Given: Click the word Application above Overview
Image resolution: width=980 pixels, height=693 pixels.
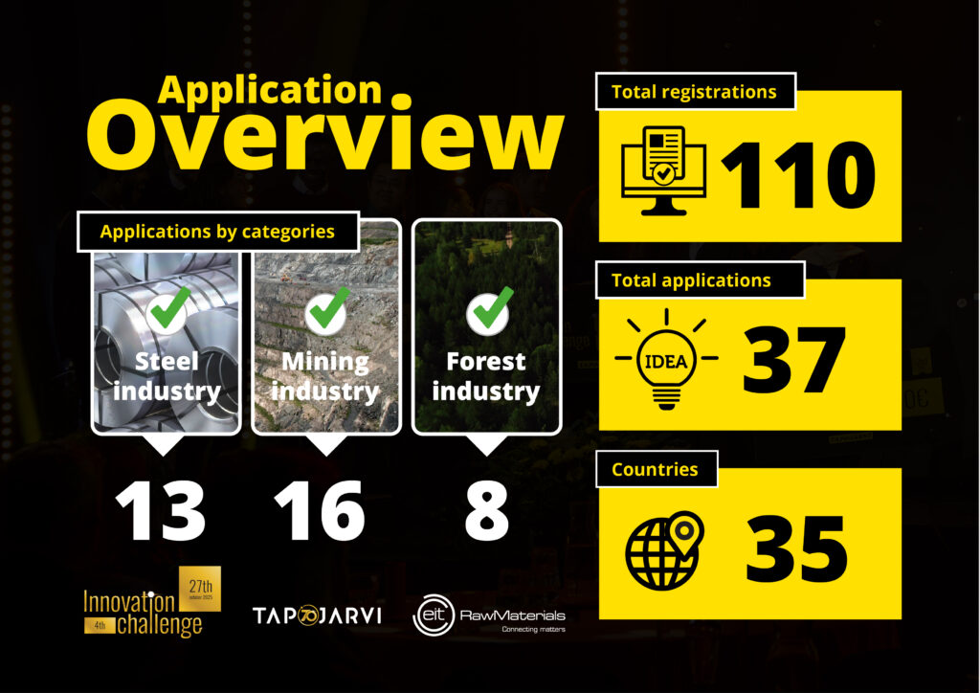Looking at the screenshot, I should (270, 89).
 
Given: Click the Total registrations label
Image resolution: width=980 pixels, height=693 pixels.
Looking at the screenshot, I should (694, 92).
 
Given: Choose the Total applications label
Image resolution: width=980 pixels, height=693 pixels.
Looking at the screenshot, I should (691, 280).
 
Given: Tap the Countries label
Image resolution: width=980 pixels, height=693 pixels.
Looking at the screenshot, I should (655, 469).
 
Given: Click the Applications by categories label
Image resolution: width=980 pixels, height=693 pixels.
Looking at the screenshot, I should (217, 232).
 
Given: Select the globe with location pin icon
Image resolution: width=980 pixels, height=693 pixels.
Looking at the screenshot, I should (663, 547).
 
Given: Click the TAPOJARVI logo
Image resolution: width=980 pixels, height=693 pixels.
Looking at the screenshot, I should (317, 615).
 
